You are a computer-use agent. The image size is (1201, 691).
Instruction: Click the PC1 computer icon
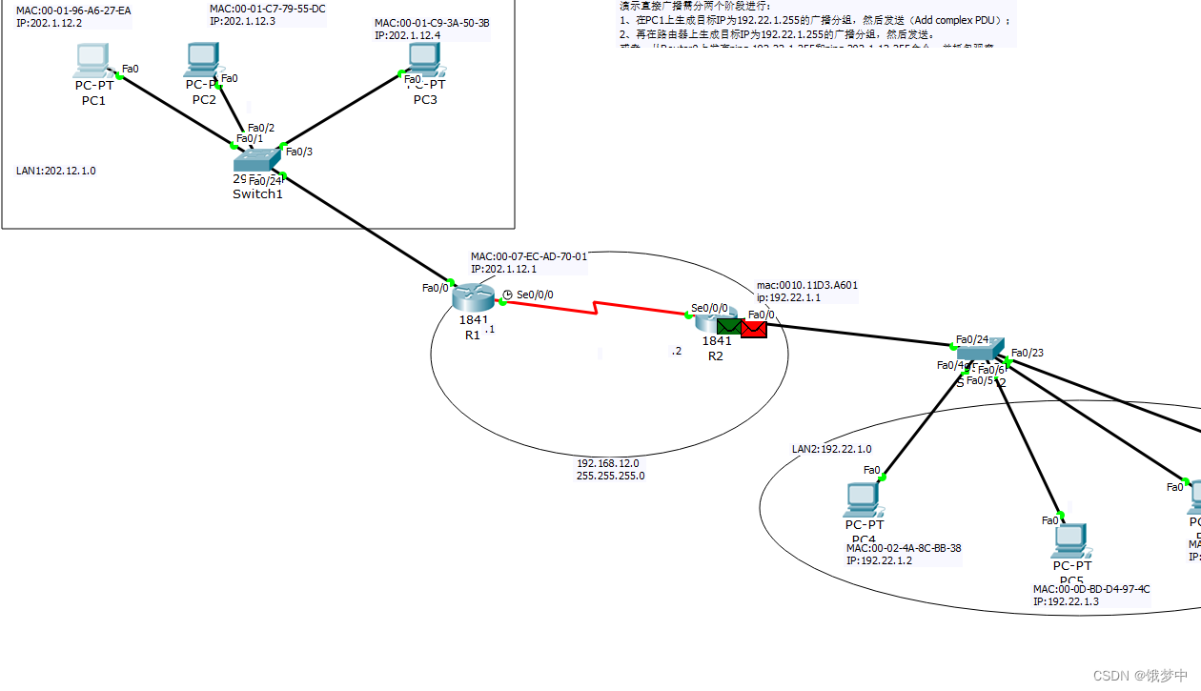[92, 62]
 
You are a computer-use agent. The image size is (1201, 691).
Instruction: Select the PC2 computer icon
[201, 61]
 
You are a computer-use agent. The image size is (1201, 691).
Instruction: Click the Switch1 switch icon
[257, 161]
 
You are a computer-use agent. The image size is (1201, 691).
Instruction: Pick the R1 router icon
[471, 298]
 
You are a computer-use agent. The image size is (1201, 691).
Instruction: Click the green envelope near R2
[730, 328]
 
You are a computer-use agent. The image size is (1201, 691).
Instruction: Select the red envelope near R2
[754, 329]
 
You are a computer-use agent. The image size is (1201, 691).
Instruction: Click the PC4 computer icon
[862, 499]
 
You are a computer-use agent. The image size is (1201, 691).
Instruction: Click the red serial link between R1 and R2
[597, 309]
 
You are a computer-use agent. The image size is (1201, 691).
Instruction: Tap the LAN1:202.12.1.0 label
[56, 172]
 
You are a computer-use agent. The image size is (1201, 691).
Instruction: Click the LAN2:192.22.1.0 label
[831, 449]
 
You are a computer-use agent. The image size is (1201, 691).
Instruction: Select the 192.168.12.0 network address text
[607, 463]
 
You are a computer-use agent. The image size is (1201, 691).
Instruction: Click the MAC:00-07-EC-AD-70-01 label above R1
[529, 256]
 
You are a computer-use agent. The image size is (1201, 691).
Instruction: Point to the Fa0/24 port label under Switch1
[266, 181]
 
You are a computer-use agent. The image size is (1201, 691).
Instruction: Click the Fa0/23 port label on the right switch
[1028, 353]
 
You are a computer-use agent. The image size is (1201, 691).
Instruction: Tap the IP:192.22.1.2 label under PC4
[879, 560]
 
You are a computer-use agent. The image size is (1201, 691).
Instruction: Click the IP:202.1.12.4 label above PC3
[407, 35]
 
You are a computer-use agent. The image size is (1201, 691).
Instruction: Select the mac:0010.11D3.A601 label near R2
[807, 285]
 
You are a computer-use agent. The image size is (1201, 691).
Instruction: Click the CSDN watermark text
[1140, 676]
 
